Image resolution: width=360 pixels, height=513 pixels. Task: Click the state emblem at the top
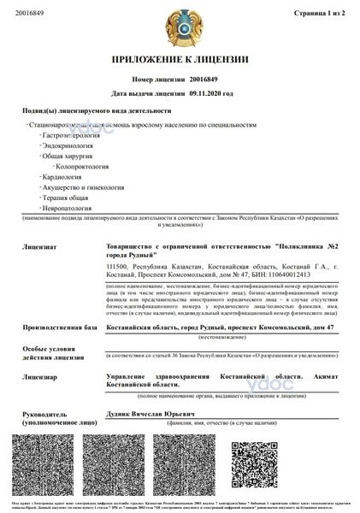180,29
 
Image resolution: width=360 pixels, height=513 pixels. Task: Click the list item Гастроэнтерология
74,135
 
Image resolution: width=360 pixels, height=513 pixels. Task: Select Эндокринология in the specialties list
69,147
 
